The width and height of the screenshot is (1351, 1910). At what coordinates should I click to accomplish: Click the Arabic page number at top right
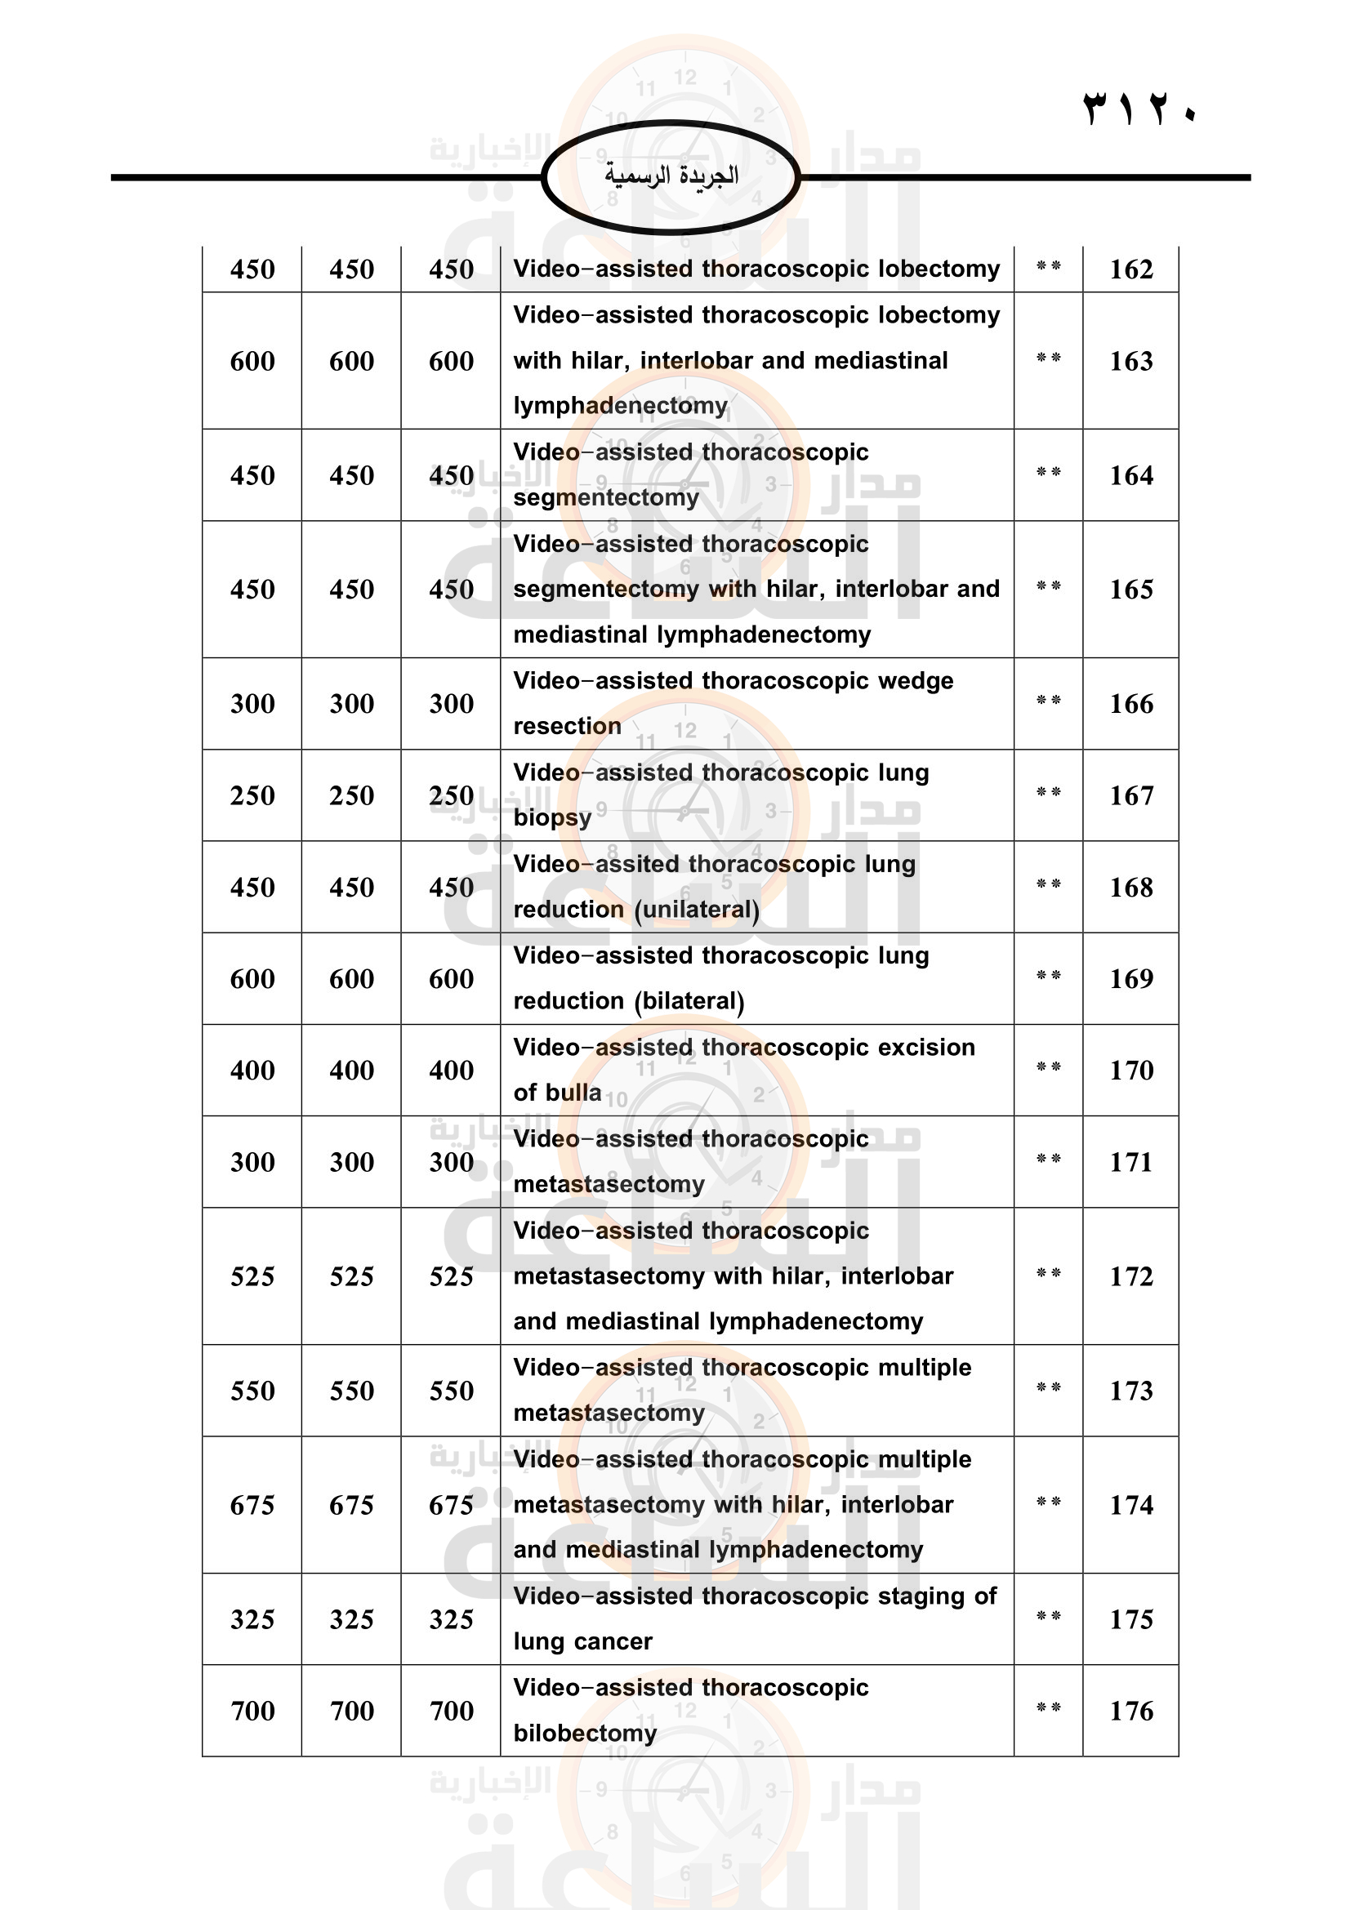pos(1139,109)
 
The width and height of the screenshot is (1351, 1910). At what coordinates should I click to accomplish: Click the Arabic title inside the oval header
pos(671,176)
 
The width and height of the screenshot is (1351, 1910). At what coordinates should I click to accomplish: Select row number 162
pos(1130,269)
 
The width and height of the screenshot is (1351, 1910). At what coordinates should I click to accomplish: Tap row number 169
pos(1130,978)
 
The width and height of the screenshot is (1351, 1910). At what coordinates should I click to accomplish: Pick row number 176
pos(1130,1711)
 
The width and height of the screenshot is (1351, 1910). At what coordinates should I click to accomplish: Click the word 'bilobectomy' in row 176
pos(585,1733)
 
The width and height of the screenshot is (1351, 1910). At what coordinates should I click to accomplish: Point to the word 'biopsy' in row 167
pos(552,817)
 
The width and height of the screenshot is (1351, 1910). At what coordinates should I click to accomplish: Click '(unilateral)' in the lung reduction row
pos(696,909)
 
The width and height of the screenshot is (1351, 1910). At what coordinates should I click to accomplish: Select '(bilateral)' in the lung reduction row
pos(689,1001)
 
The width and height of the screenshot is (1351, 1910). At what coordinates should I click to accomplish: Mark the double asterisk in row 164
pos(1048,473)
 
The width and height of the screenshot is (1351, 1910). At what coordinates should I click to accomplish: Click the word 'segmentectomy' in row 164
pos(605,497)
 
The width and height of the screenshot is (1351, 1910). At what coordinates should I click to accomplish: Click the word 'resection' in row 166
pos(567,726)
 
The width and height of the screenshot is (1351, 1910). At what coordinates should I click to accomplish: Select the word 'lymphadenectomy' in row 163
pos(620,406)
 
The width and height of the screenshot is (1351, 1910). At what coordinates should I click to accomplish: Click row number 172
pos(1130,1276)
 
